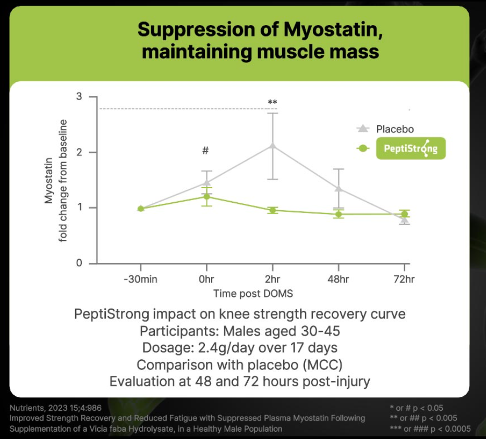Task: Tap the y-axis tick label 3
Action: point(79,97)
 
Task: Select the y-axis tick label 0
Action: point(79,263)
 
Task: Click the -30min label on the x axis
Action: point(140,279)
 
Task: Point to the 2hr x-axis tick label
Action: point(272,279)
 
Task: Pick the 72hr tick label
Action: point(404,279)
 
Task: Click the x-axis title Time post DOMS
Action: point(253,294)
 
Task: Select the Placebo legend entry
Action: point(395,129)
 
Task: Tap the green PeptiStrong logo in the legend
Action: point(410,149)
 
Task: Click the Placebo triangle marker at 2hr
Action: point(272,145)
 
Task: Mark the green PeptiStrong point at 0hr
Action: point(206,197)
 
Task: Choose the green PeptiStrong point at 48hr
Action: point(338,214)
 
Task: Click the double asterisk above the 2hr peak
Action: point(272,102)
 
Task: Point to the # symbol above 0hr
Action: point(205,151)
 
